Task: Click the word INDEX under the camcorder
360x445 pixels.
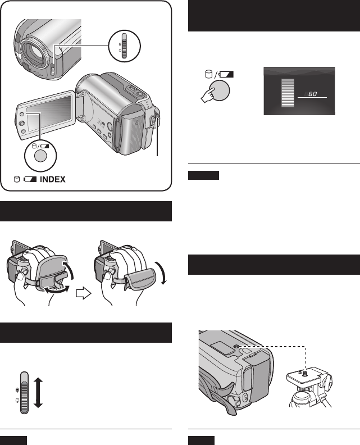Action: click(x=52, y=180)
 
